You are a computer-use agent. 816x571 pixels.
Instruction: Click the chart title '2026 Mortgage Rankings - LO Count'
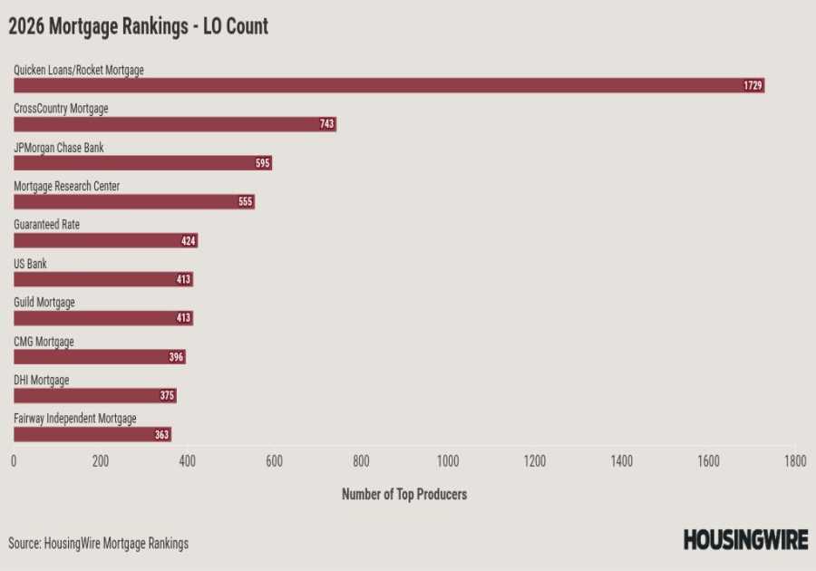click(139, 26)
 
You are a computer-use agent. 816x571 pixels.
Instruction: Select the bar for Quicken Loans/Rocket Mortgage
click(388, 85)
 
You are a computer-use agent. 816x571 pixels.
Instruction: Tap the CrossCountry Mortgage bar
click(174, 124)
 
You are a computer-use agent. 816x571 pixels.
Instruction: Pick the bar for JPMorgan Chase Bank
click(142, 163)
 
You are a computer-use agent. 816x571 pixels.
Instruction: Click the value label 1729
click(753, 85)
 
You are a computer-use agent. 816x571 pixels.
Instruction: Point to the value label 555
click(245, 202)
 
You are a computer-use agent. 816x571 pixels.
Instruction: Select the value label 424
click(189, 241)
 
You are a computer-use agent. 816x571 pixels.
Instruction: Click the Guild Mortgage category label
click(44, 303)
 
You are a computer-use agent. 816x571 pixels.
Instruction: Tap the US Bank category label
click(30, 264)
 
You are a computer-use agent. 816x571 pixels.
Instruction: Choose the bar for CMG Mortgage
click(99, 357)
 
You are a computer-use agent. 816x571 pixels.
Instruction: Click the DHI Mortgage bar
click(94, 396)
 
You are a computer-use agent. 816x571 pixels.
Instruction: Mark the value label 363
click(161, 435)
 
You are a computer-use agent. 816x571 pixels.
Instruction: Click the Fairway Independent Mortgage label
click(75, 419)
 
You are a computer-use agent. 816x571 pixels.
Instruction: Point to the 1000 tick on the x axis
click(448, 461)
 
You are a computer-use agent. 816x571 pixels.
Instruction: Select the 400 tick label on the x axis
click(187, 461)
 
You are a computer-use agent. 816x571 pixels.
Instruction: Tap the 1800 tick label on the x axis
click(795, 461)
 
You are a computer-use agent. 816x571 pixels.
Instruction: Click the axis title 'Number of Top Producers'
click(404, 495)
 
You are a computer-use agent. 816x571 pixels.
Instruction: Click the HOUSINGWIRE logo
click(745, 540)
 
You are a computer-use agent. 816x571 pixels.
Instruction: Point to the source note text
click(99, 544)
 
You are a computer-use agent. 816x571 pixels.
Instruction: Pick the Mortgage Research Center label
click(67, 187)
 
